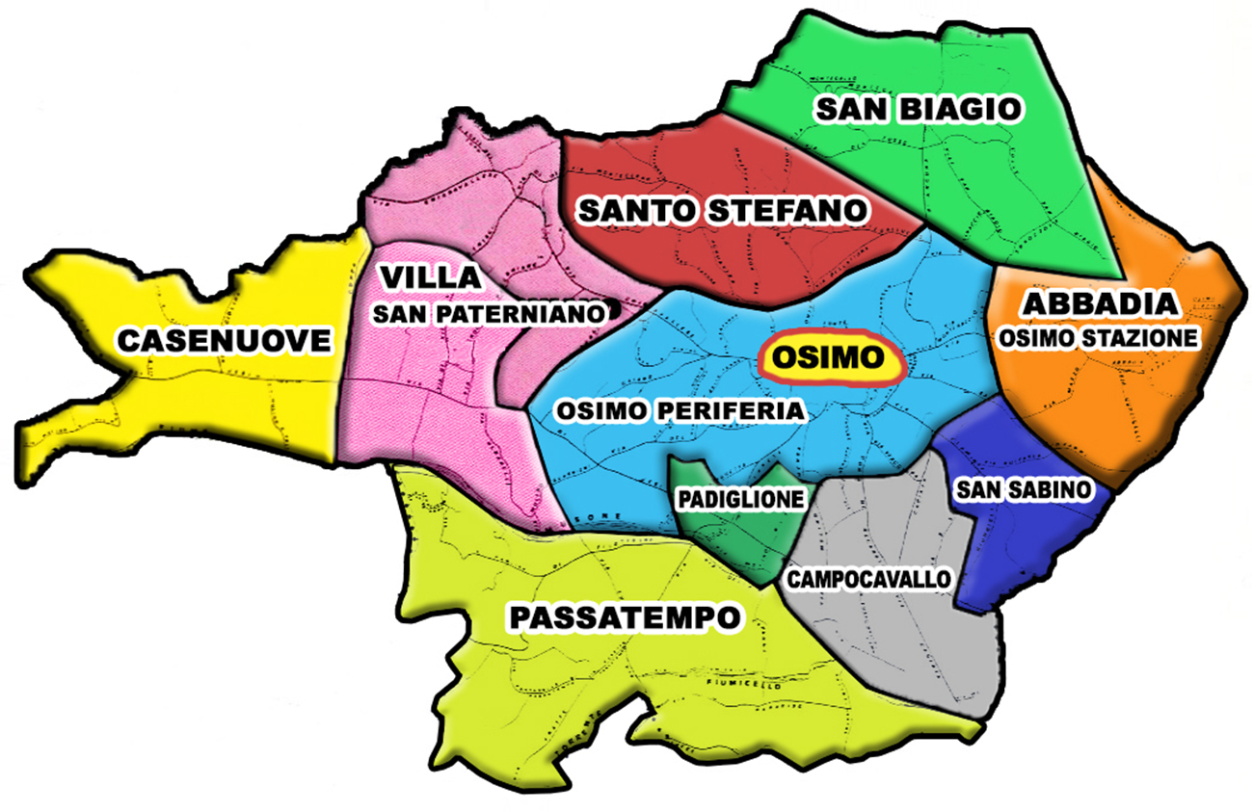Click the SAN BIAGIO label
[x=917, y=109]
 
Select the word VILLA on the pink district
[x=430, y=277]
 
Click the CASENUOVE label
[x=225, y=339]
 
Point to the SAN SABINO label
[x=1024, y=490]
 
